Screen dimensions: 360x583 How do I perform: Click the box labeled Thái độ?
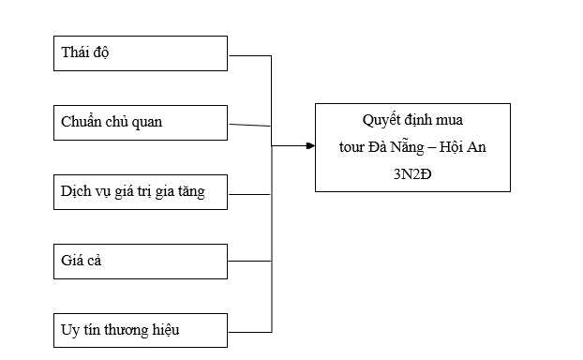141,52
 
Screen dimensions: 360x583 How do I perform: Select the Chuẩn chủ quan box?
141,122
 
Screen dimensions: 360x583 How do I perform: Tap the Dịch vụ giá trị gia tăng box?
141,191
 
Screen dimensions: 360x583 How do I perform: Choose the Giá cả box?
141,261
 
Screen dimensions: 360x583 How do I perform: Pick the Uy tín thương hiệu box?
141,330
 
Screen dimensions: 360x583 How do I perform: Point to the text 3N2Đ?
412,172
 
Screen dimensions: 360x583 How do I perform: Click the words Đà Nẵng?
399,146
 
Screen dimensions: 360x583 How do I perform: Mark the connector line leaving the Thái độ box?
249,56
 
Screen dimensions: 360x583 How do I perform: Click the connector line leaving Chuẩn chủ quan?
249,125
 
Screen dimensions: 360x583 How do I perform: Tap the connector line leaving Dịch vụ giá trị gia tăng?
249,195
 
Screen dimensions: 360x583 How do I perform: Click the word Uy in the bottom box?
68,330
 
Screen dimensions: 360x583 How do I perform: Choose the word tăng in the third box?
188,192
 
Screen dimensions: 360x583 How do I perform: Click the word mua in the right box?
450,120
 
